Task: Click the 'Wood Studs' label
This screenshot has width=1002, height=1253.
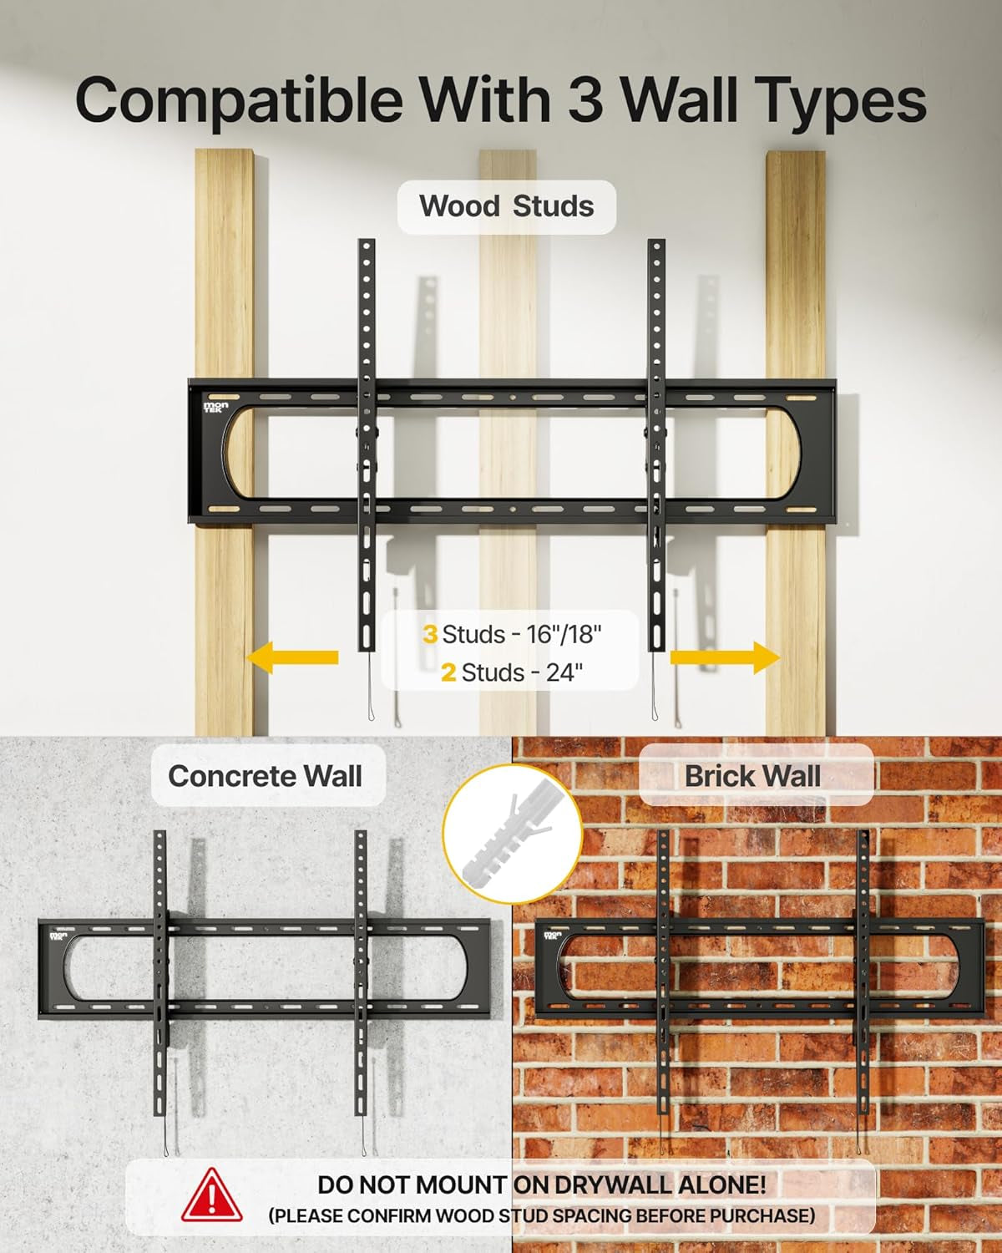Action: pos(506,205)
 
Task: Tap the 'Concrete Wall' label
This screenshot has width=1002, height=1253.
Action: pos(265,776)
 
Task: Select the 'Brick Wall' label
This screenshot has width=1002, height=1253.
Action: pos(752,776)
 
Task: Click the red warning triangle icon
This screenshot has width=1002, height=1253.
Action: pos(212,1196)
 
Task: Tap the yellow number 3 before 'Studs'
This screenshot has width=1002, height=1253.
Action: pos(430,634)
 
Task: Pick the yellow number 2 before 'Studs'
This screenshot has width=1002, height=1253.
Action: pos(448,672)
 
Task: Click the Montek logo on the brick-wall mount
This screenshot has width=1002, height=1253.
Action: pos(552,936)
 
